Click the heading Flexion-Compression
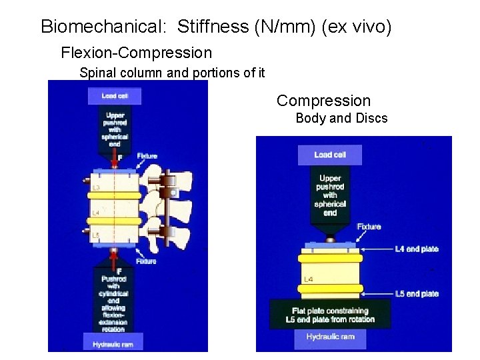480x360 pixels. pos(136,53)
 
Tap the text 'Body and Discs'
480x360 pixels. pos(341,119)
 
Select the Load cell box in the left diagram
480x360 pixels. pos(114,96)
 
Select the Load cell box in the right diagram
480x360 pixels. pos(330,155)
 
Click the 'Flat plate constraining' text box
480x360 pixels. pos(329,315)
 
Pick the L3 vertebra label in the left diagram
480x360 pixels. pos(96,189)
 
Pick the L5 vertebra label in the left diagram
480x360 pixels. pos(96,235)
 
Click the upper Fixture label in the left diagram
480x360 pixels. pos(147,156)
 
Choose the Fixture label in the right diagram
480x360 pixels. pos(369,227)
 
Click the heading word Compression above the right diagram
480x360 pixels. pos(323,101)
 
